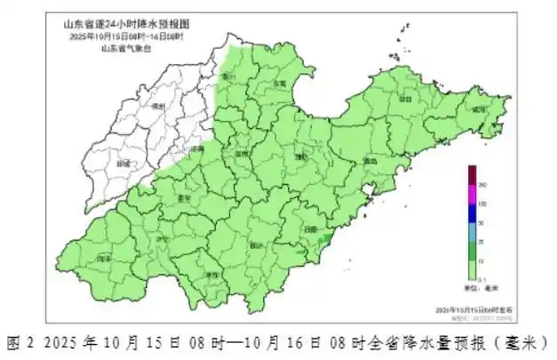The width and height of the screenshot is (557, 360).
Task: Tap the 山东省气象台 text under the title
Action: (126, 49)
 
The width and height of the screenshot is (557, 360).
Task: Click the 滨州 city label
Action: (228, 77)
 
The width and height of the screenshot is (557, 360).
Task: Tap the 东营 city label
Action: (280, 84)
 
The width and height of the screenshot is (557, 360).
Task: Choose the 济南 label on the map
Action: (196, 149)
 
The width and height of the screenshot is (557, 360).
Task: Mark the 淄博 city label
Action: (242, 153)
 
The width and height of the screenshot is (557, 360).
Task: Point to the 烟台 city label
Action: (407, 100)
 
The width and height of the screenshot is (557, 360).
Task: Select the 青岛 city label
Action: (370, 162)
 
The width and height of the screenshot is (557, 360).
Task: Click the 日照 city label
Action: (310, 228)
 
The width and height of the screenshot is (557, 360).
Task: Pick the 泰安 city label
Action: (185, 198)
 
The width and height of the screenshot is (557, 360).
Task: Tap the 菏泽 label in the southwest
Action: (104, 258)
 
